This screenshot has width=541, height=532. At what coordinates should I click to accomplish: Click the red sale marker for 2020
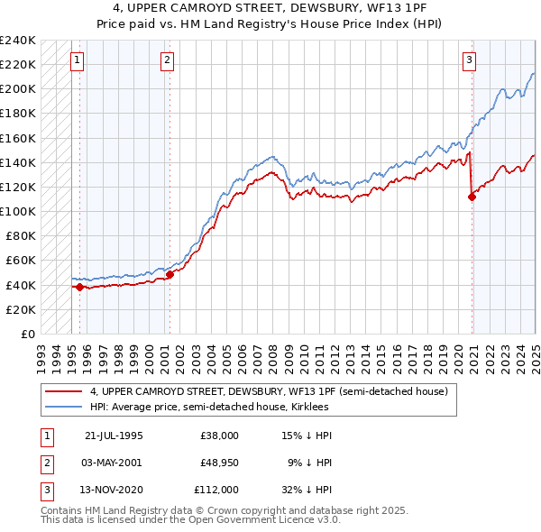pyautogui.click(x=472, y=197)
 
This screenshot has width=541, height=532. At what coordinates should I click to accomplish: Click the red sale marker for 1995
pyautogui.click(x=79, y=287)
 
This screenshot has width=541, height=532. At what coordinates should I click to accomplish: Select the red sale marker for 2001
pyautogui.click(x=170, y=274)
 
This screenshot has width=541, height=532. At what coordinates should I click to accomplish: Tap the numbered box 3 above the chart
pyautogui.click(x=470, y=60)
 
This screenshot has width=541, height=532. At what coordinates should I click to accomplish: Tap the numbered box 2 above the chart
pyautogui.click(x=168, y=60)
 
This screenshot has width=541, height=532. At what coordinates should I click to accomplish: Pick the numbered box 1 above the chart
pyautogui.click(x=78, y=60)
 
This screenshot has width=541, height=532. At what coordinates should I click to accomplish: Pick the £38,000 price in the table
pyautogui.click(x=219, y=436)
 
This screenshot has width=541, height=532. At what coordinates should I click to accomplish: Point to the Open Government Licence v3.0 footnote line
pyautogui.click(x=190, y=520)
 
